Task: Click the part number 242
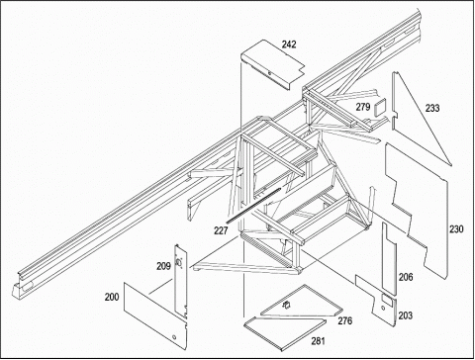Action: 289,45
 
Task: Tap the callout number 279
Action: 363,107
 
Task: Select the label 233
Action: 432,108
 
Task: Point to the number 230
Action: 456,228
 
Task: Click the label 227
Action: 221,230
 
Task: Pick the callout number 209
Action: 163,266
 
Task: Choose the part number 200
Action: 112,297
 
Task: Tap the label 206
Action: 406,277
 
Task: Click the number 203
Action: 405,315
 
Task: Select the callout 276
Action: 344,320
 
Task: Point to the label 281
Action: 318,341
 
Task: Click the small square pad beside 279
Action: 379,108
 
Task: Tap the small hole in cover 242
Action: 269,73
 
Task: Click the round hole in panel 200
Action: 174,337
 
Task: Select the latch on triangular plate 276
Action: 286,306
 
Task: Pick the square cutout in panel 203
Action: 386,299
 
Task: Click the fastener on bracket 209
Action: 179,262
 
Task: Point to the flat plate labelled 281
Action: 285,332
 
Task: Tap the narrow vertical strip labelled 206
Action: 389,259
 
